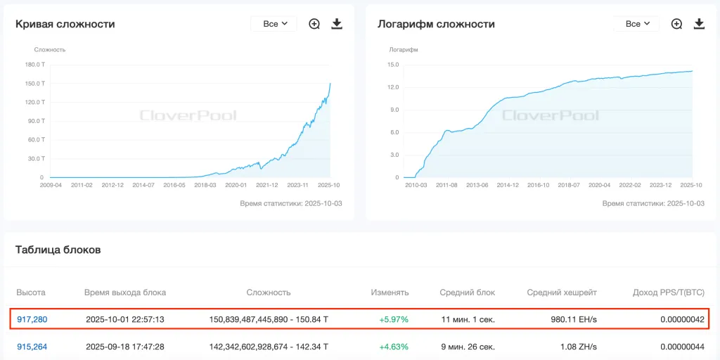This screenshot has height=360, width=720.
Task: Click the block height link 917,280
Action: pos(32,319)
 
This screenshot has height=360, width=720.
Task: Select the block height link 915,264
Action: pos(32,347)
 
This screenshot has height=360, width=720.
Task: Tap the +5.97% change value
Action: pos(394,319)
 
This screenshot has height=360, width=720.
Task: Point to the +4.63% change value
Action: pos(394,347)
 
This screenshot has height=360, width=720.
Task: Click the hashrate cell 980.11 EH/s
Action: pos(574,319)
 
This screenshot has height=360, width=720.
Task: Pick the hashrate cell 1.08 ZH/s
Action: pos(578,347)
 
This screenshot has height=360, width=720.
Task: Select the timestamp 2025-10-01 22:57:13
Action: pos(125,319)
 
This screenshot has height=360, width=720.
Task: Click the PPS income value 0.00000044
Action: pos(682,347)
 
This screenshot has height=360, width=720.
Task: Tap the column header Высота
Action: pos(32,292)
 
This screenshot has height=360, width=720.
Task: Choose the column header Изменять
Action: pos(390,292)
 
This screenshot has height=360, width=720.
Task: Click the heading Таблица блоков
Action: pos(58,250)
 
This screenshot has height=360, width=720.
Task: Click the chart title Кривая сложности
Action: pos(65,24)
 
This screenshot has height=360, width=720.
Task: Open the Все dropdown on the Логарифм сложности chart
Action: pos(636,24)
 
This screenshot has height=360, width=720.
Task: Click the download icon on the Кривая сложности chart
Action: pos(337,24)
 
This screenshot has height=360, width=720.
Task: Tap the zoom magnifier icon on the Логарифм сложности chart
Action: pos(676,24)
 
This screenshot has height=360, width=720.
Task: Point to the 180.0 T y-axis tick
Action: pos(35,65)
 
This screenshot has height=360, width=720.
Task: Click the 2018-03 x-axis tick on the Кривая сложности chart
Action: pos(205,185)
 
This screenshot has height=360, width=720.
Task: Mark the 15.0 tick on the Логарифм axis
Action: pos(393,65)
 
